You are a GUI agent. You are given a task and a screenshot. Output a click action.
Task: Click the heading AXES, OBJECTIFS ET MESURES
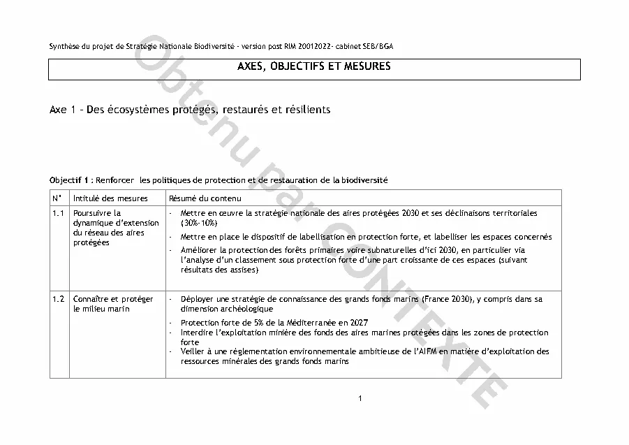pos(314,68)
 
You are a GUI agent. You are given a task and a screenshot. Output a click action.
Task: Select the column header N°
pos(57,198)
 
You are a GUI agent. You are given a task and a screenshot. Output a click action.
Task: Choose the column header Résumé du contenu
pos(202,198)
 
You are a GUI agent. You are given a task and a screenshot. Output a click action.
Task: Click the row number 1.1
pos(58,213)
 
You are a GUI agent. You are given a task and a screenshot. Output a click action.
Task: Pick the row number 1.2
pos(58,299)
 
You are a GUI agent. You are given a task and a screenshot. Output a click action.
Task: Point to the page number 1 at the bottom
pos(359,399)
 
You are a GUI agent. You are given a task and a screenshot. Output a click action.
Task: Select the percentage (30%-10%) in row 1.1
pos(199,222)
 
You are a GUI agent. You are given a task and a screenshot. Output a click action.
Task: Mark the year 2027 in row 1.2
pos(357,323)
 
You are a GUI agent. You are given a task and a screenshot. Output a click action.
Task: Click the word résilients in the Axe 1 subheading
pos(306,110)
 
